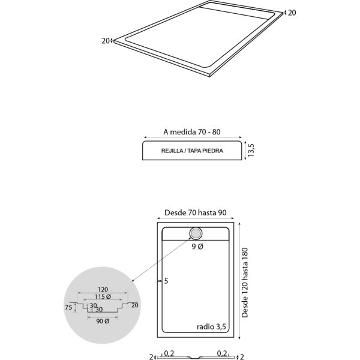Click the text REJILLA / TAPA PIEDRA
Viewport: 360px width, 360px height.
point(192,151)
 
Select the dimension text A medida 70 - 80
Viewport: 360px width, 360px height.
point(192,132)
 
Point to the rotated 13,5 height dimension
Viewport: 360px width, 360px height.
point(251,150)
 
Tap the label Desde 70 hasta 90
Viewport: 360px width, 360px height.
point(196,212)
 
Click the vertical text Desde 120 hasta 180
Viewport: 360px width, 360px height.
point(245,283)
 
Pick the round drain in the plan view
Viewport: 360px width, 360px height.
point(196,233)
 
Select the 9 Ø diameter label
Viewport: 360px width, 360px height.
point(197,247)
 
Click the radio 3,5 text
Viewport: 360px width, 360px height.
point(211,327)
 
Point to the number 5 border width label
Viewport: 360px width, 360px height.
point(166,281)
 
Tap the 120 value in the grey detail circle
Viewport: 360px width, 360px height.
point(103,290)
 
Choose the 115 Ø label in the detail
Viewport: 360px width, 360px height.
point(103,296)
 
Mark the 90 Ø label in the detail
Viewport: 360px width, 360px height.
point(103,321)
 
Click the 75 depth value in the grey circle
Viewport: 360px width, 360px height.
point(68,307)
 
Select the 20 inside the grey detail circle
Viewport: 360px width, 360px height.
point(135,305)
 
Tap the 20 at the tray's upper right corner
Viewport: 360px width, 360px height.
point(292,13)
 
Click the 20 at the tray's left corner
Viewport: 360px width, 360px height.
point(106,41)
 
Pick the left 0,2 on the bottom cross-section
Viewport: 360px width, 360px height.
point(169,353)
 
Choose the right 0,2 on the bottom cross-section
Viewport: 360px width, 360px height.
point(222,353)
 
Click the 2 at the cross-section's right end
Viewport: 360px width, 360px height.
point(242,356)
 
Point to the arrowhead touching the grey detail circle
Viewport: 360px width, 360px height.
point(132,280)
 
